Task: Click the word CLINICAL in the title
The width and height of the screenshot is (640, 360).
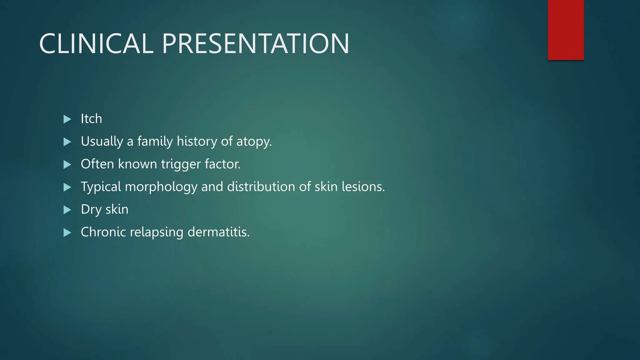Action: pyautogui.click(x=96, y=44)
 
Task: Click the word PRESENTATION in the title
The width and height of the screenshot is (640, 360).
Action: pyautogui.click(x=255, y=44)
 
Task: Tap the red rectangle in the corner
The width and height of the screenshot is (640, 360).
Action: pyautogui.click(x=566, y=30)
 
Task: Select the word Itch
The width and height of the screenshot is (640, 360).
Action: pyautogui.click(x=91, y=119)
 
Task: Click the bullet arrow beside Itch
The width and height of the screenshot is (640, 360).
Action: pyautogui.click(x=67, y=119)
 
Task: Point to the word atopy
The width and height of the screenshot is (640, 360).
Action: pyautogui.click(x=254, y=142)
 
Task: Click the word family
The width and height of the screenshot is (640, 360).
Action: pyautogui.click(x=155, y=142)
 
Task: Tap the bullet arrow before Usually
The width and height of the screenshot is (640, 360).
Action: pyautogui.click(x=67, y=142)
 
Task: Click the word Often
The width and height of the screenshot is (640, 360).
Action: pyautogui.click(x=97, y=164)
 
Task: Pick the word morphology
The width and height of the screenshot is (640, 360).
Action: pyautogui.click(x=161, y=187)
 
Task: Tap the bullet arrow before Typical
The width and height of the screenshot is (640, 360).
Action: pyautogui.click(x=67, y=187)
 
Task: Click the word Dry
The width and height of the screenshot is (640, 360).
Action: pyautogui.click(x=91, y=210)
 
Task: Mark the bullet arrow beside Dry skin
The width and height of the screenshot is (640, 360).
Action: pyautogui.click(x=67, y=210)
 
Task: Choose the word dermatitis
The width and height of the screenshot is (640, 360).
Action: pyautogui.click(x=218, y=232)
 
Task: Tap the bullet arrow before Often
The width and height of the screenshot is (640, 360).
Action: pyautogui.click(x=67, y=164)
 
